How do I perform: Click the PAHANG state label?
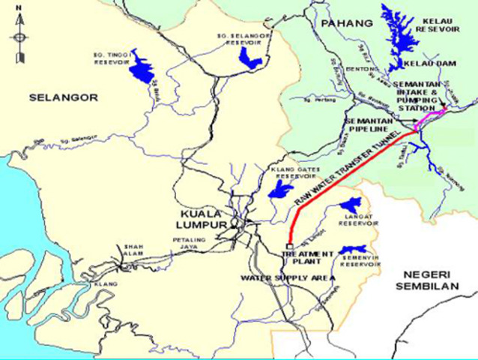pyautogui.click(x=346, y=24)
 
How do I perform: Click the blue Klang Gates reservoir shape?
pyautogui.click(x=278, y=190)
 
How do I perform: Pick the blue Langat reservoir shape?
pyautogui.click(x=349, y=203)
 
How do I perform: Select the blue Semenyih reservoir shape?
pyautogui.click(x=351, y=250)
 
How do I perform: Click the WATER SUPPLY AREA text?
pyautogui.click(x=285, y=277)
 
